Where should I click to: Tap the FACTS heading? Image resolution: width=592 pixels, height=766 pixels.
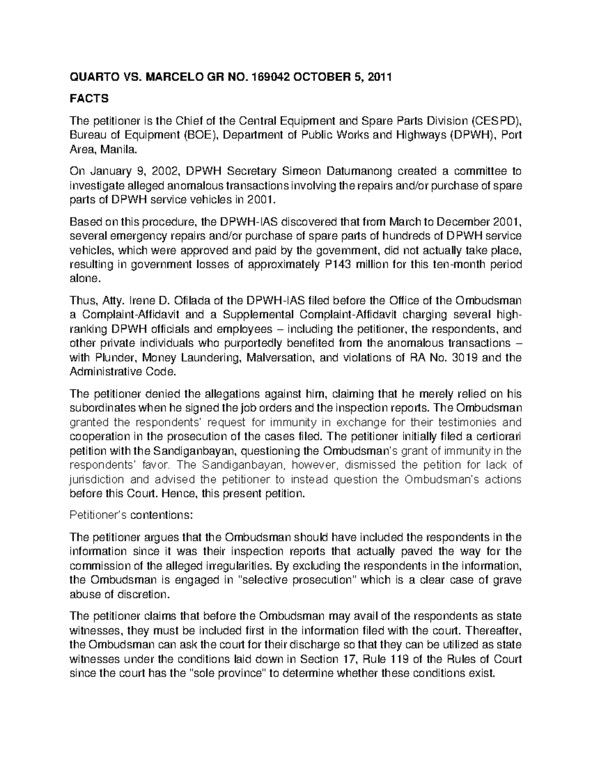pos(89,99)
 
